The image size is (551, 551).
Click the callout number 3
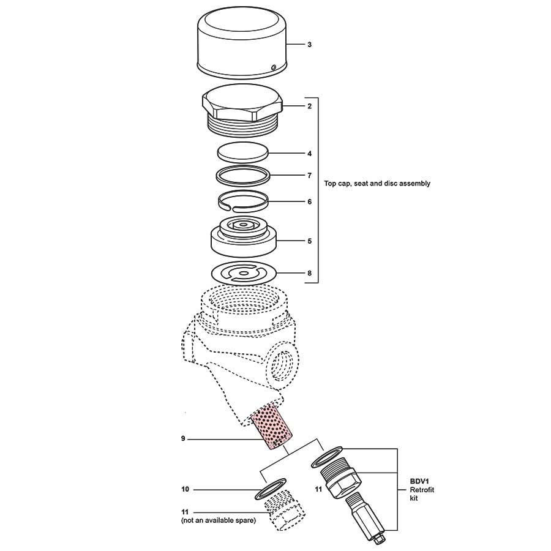[x=309, y=45]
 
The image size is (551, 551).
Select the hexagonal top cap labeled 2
[x=242, y=110]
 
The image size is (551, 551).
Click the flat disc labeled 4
[x=243, y=152]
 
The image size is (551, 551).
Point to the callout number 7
[x=309, y=175]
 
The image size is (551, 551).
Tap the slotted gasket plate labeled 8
[x=244, y=274]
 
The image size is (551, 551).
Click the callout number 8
[x=309, y=273]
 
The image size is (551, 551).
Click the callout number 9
[x=183, y=438]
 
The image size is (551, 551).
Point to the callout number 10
[x=185, y=489]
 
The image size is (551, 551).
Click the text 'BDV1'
[x=419, y=481]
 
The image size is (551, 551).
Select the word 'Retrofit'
[x=422, y=490]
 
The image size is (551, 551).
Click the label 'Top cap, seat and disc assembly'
[x=377, y=183]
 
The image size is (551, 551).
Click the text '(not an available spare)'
[x=218, y=520]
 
